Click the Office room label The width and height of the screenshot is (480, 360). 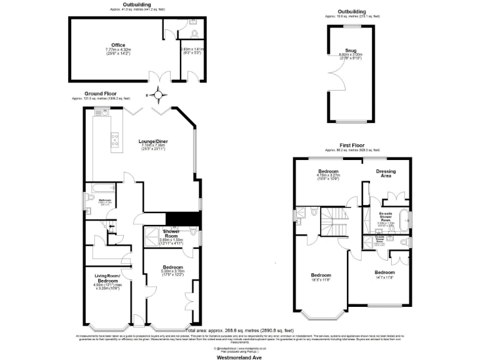pos(118,45)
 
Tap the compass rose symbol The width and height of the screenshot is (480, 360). pos(161,96)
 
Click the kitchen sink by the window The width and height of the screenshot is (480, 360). pos(100,113)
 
